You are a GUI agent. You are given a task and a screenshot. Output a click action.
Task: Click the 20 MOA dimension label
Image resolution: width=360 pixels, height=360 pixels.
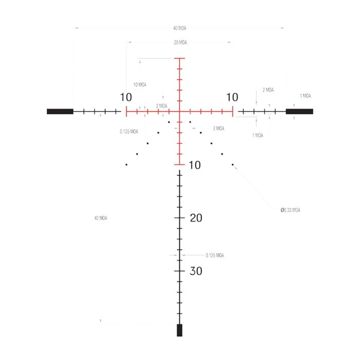180,43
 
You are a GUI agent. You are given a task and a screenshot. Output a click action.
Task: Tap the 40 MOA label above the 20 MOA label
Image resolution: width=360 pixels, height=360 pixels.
179,28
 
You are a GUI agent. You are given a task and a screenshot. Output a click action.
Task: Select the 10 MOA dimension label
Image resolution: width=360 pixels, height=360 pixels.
140,85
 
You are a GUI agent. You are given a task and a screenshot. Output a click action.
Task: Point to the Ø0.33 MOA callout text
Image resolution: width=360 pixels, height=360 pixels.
290,210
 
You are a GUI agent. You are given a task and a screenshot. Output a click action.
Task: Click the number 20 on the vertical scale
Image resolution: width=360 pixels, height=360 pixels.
196,218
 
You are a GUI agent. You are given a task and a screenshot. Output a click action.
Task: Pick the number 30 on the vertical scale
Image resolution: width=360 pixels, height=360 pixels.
196,271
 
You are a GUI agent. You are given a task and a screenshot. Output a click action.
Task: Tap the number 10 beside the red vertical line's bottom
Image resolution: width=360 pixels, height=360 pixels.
195,165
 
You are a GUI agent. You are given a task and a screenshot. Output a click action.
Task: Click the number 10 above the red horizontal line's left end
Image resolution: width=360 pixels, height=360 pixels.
126,97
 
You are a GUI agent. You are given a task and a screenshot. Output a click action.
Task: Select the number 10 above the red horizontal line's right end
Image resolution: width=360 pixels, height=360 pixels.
232,97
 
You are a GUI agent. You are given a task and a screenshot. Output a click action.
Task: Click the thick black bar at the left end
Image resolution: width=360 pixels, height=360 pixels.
60,112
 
